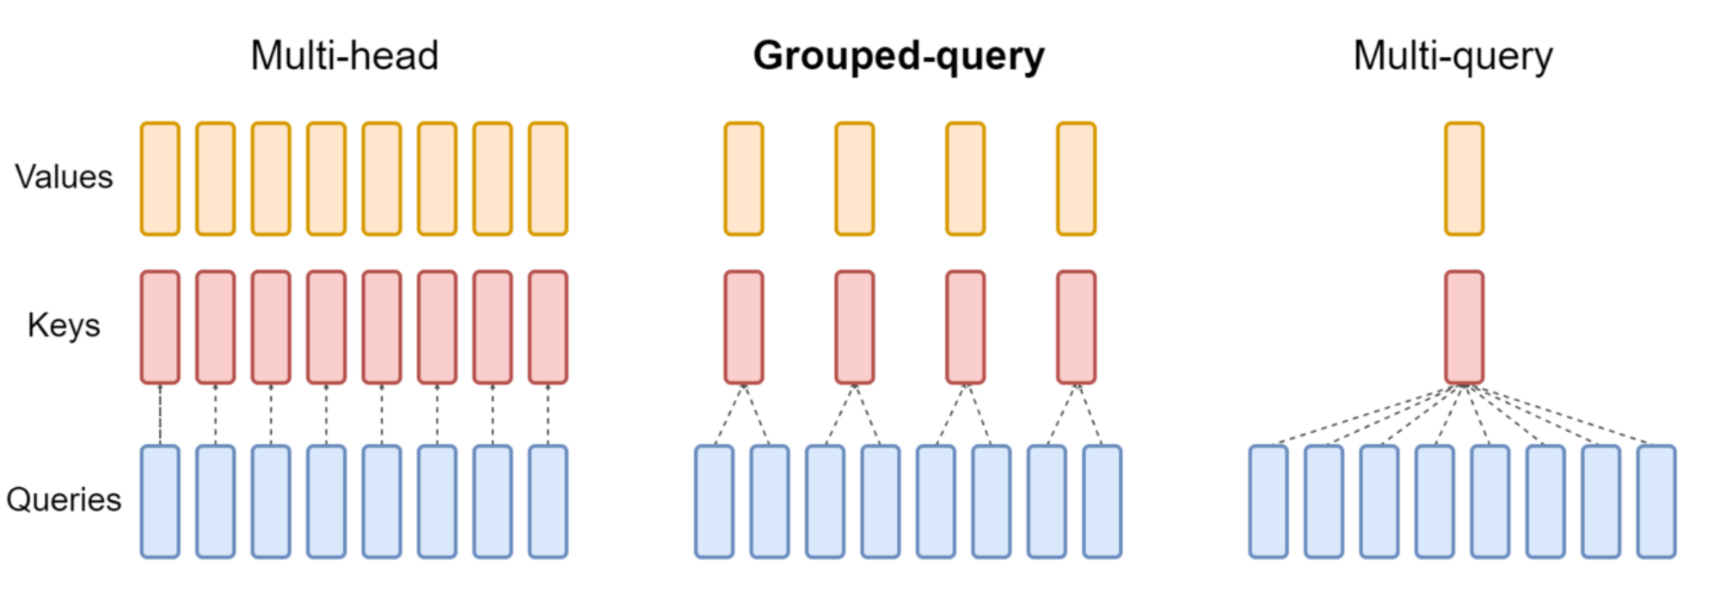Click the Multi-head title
(x=344, y=56)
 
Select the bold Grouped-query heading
(x=899, y=56)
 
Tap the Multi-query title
(x=1453, y=56)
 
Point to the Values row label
(x=64, y=176)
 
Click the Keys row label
(x=64, y=325)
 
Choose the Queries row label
(x=64, y=499)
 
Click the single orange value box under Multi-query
(x=1464, y=179)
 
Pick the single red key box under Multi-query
(x=1464, y=327)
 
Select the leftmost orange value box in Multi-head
(x=160, y=179)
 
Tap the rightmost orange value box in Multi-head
(x=548, y=179)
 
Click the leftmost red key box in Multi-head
(x=160, y=327)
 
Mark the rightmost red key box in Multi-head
(x=548, y=327)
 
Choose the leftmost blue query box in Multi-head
(x=160, y=502)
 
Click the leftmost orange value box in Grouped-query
(x=743, y=179)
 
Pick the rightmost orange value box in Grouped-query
(x=1076, y=179)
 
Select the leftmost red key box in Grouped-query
(x=743, y=327)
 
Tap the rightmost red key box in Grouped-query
(x=1076, y=327)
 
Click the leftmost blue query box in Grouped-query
(x=715, y=502)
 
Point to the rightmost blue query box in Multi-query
(x=1656, y=502)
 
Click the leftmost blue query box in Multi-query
(x=1268, y=502)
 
